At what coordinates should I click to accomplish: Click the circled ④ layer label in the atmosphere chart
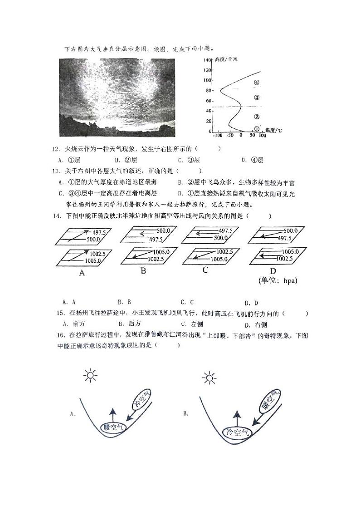tap(256, 83)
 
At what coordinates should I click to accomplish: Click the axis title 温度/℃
tap(273, 130)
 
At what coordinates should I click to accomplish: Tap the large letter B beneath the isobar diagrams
tap(143, 271)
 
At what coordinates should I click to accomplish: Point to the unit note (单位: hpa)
tap(277, 280)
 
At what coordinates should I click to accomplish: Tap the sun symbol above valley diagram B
tap(209, 378)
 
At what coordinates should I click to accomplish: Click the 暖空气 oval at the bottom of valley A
tap(113, 427)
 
